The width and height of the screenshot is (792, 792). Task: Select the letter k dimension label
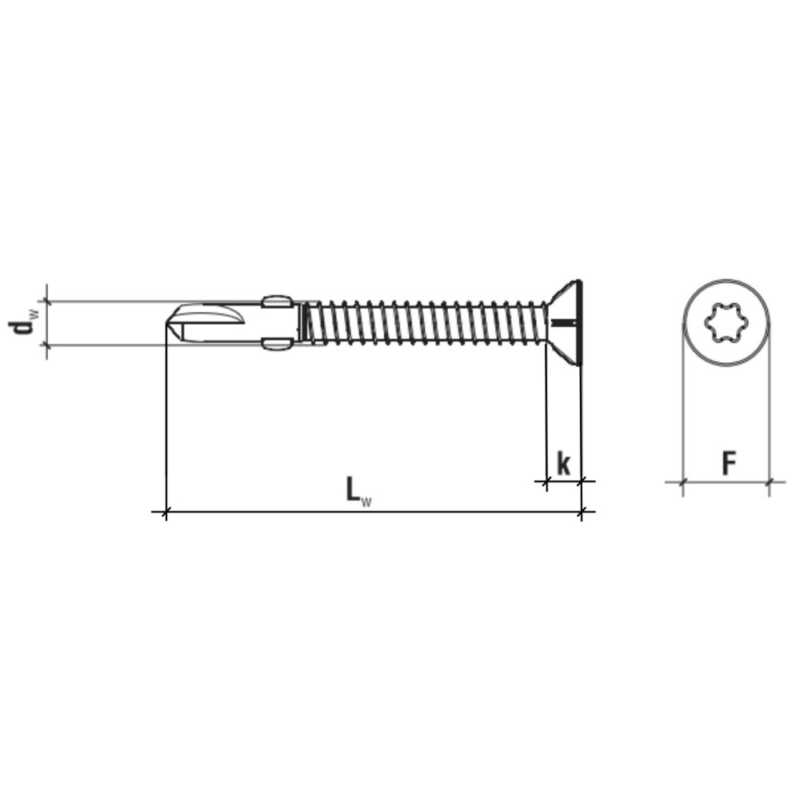pos(564,463)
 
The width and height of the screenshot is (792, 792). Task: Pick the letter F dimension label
pos(728,462)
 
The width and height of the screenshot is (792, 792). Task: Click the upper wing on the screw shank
pos(278,302)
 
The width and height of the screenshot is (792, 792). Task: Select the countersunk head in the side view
pos(564,322)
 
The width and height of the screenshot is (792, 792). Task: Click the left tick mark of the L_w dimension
pos(166,512)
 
